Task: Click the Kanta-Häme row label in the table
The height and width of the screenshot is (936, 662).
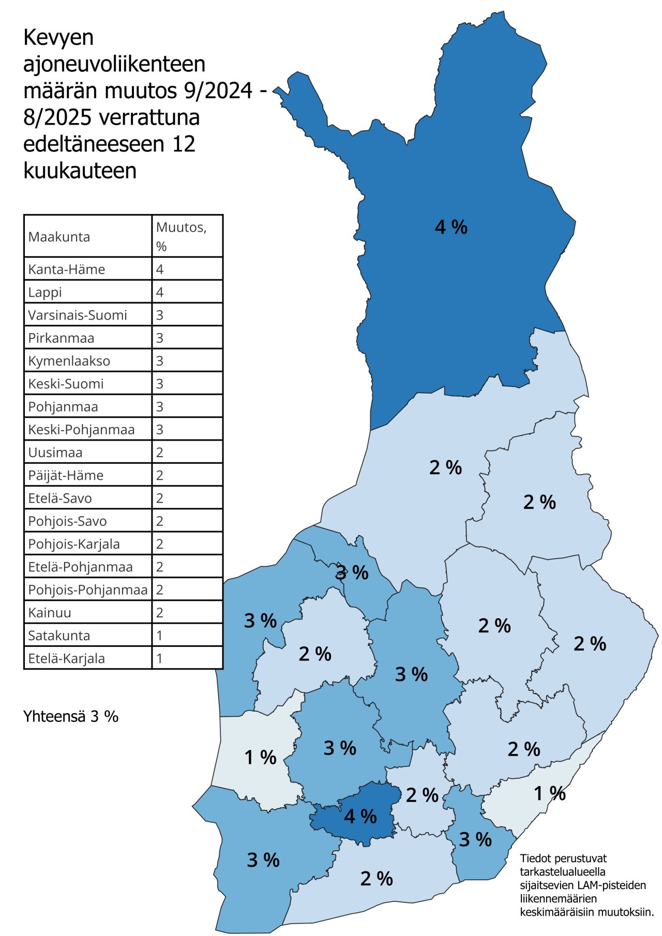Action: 67,269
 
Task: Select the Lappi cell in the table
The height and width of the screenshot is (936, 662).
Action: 45,292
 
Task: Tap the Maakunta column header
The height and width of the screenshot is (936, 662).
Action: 59,237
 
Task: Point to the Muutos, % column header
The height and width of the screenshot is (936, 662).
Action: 181,236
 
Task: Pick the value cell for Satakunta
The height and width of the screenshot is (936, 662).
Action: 160,636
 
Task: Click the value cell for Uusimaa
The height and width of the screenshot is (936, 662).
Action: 160,452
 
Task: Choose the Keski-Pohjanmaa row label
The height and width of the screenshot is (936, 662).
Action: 81,430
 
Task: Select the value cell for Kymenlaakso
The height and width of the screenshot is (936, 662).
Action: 160,361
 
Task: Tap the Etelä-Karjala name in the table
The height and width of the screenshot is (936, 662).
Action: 67,658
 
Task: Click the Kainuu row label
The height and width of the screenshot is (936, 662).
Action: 50,613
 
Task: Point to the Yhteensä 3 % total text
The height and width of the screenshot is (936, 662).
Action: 71,716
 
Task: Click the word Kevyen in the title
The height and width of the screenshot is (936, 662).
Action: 58,38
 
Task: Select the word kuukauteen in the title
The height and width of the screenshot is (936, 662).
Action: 80,171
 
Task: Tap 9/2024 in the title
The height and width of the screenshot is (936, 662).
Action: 218,91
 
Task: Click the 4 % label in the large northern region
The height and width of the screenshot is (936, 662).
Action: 451,227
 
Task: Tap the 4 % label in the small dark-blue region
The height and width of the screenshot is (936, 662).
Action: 360,816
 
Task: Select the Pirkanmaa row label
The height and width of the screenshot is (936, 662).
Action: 61,338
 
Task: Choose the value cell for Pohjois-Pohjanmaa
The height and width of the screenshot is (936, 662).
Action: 160,590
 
